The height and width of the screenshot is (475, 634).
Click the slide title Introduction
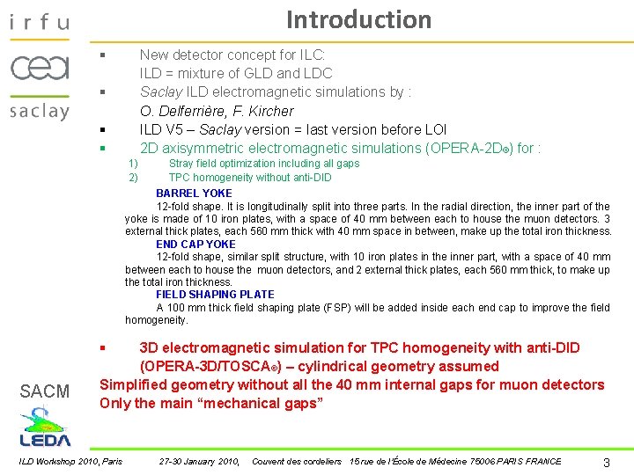(x=358, y=19)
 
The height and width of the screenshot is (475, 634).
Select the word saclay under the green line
(x=40, y=111)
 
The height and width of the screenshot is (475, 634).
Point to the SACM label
(x=45, y=391)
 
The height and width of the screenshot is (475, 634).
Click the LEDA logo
(x=45, y=427)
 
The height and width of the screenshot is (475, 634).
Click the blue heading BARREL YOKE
(x=194, y=194)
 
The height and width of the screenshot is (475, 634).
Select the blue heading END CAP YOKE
(x=195, y=245)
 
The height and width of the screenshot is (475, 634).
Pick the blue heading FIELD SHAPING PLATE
(x=215, y=295)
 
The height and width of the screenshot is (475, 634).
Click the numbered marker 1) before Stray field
(x=133, y=164)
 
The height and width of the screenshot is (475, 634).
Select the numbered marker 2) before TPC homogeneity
(x=133, y=178)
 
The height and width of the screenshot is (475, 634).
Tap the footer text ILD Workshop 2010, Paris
(x=71, y=462)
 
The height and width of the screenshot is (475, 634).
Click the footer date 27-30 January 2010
(x=199, y=462)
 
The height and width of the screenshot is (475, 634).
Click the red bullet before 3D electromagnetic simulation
(x=103, y=348)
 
